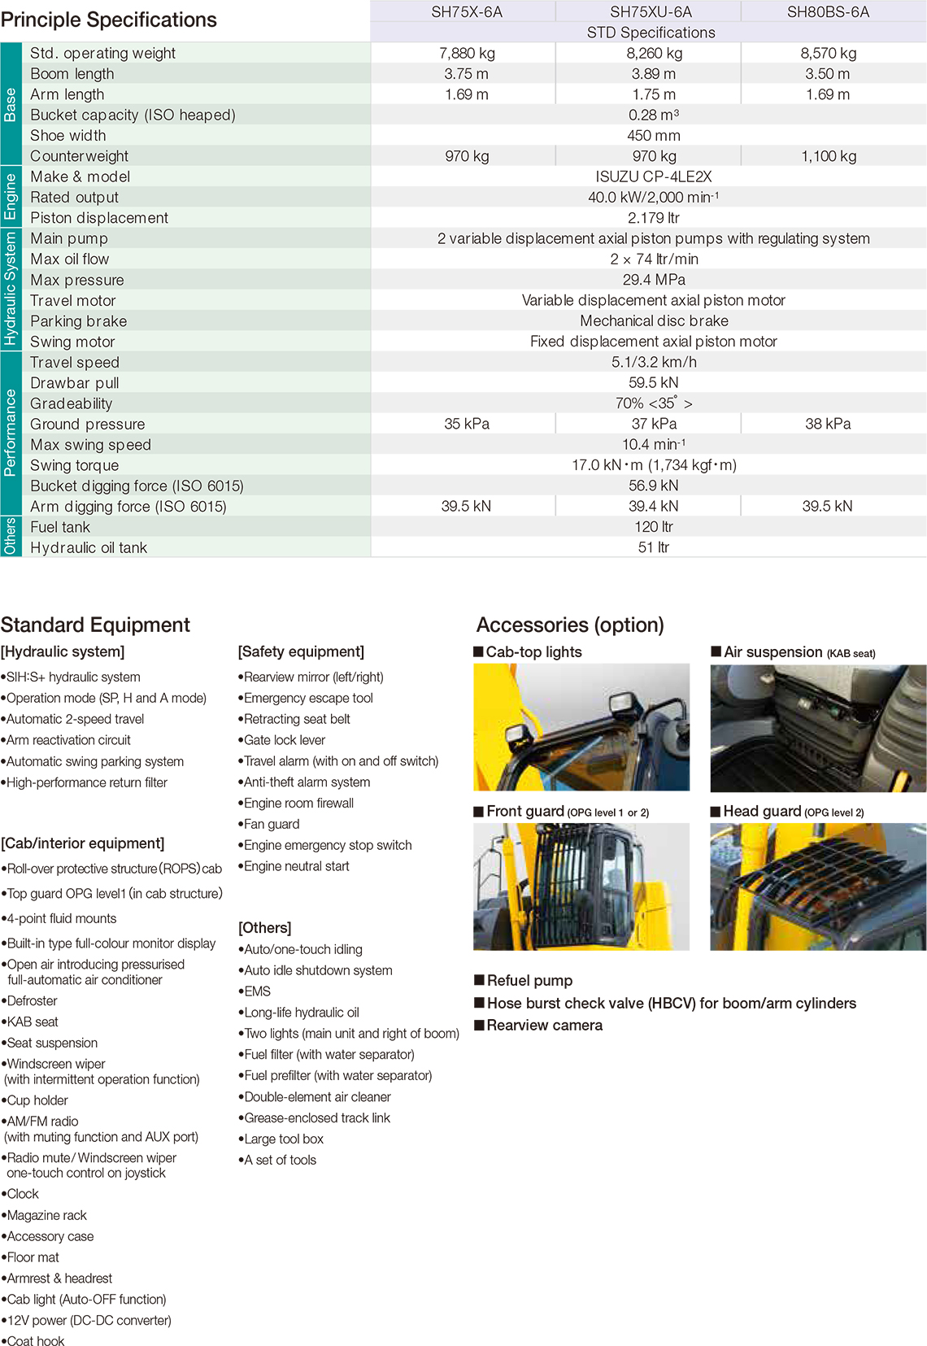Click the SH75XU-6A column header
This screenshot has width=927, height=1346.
pos(651,12)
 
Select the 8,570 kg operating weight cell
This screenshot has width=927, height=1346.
pos(828,54)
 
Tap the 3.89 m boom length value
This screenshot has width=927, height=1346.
pos(653,74)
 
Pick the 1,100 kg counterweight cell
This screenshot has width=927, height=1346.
pos(828,156)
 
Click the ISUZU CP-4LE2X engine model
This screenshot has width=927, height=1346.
pos(653,176)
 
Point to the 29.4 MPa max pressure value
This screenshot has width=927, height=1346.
pos(653,280)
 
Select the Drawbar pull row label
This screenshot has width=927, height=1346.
pos(75,383)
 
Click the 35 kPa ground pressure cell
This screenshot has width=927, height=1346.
pos(467,424)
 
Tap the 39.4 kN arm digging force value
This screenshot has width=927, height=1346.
pos(653,506)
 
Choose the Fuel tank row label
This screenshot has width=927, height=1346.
pos(60,527)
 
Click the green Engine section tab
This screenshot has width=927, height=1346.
pos(11,197)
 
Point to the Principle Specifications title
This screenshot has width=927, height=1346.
pos(109,20)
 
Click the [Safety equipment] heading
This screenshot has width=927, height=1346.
pos(301,651)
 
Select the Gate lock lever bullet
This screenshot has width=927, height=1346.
pos(285,740)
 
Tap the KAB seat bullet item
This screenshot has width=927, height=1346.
pos(33,1021)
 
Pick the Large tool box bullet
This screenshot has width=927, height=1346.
pos(284,1139)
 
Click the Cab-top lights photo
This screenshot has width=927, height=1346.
pos(581,727)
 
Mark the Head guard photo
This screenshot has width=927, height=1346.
pos(817,886)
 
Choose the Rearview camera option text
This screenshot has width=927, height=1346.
pos(544,1026)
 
